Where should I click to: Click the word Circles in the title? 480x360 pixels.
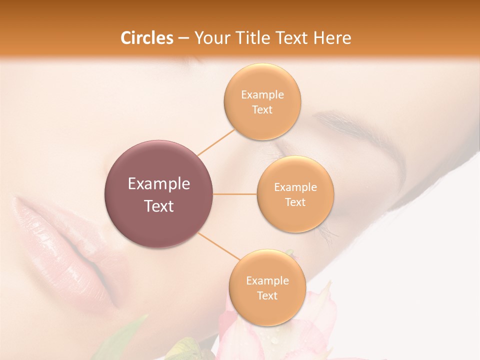coord(146,38)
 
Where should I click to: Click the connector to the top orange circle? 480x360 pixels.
coord(216,142)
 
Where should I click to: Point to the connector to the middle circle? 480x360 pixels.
coord(234,194)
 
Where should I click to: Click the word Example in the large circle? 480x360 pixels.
coord(158,184)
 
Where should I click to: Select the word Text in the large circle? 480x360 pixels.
coord(158,206)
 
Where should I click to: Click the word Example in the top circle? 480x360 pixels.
coord(262,95)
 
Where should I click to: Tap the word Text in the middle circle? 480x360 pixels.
coord(295,202)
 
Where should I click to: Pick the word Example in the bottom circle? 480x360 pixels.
coord(267,281)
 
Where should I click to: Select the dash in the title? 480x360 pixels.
coord(183,38)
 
